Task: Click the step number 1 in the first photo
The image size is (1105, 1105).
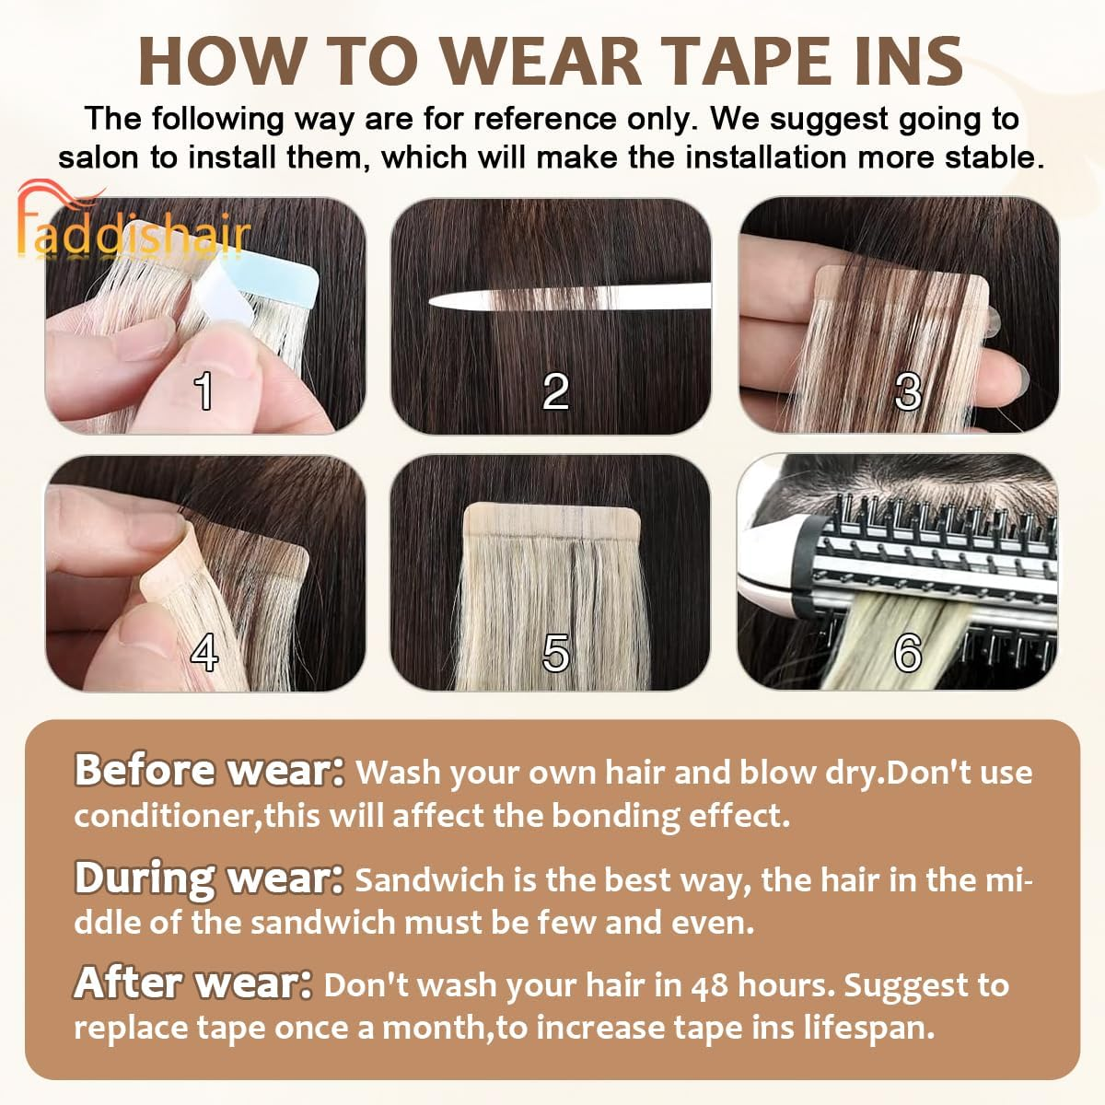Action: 204,390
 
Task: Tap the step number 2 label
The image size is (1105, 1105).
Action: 555,390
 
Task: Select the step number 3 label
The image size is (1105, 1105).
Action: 908,390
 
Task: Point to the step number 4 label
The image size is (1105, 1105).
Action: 204,652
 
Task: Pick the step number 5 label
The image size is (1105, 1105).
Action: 555,652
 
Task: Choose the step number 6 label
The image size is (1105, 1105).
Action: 908,652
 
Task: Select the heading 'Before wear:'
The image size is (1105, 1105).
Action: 209,770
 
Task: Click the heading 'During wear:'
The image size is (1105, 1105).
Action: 209,878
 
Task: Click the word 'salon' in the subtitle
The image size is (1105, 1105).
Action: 99,157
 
